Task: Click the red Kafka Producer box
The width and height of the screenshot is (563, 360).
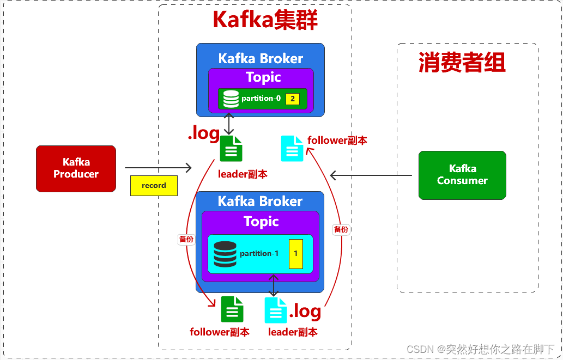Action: [x=76, y=168]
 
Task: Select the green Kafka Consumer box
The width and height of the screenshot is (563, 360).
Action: [x=462, y=175]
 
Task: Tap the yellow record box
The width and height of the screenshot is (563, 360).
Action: [x=154, y=186]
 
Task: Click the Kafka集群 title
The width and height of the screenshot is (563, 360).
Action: [x=265, y=20]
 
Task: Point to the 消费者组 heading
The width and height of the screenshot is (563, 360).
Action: [x=462, y=63]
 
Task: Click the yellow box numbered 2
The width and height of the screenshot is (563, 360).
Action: [x=293, y=99]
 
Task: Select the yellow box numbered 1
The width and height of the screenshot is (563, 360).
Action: [x=295, y=254]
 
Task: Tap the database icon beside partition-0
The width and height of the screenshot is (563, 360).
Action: [x=231, y=99]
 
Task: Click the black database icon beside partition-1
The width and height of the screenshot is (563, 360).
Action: [x=225, y=254]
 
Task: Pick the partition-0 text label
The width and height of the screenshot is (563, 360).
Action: [x=261, y=99]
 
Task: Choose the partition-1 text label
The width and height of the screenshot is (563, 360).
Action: [x=259, y=254]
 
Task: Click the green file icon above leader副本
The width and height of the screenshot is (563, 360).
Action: [x=231, y=149]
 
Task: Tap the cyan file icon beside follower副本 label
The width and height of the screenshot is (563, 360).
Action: [x=292, y=149]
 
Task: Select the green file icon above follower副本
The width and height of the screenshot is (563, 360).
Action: [x=232, y=309]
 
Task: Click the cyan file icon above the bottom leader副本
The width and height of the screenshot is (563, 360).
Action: [x=276, y=310]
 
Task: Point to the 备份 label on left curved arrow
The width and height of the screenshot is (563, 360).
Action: [x=186, y=239]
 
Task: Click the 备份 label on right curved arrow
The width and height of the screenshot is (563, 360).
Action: [x=341, y=229]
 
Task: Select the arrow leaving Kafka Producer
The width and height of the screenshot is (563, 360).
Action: [x=159, y=168]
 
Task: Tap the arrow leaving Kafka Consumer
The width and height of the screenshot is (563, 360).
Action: [x=371, y=175]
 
